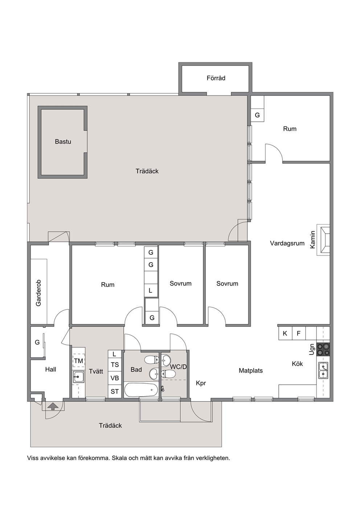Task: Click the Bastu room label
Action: coord(63,141)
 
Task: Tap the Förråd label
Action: coord(216,78)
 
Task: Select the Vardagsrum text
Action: coord(287,243)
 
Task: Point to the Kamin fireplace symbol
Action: coord(323,240)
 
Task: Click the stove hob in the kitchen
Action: coord(323,349)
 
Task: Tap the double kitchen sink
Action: coord(323,370)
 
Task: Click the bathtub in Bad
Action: coord(141,390)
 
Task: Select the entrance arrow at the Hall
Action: coord(53,406)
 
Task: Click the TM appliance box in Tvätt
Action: coord(79,361)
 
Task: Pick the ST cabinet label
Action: coord(115,391)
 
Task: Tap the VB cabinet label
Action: coord(115,378)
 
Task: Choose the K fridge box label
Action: coord(285,333)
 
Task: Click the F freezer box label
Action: coord(299,333)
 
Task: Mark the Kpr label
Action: coord(201,383)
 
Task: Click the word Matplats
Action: coord(251,371)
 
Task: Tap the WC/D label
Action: coord(179,366)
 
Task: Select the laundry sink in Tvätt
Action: coord(79,376)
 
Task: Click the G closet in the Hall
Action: coord(37,342)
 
